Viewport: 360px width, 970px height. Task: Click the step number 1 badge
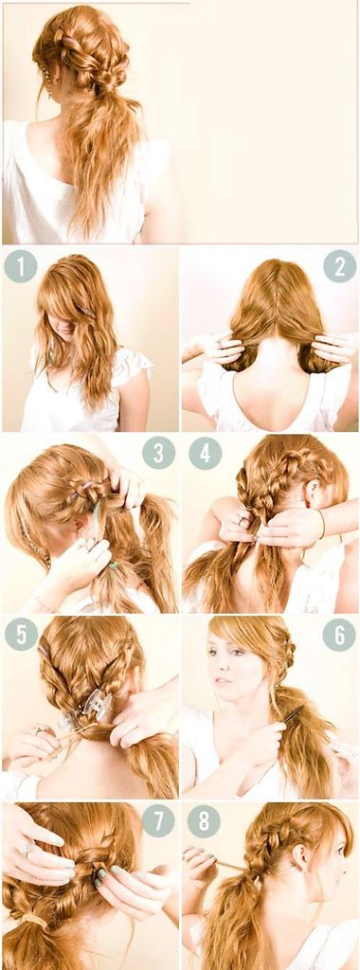21,266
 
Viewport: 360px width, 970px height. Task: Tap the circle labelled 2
339,266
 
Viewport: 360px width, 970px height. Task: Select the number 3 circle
158,453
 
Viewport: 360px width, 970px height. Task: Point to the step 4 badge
205,453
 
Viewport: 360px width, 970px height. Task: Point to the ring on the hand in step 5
38,731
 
